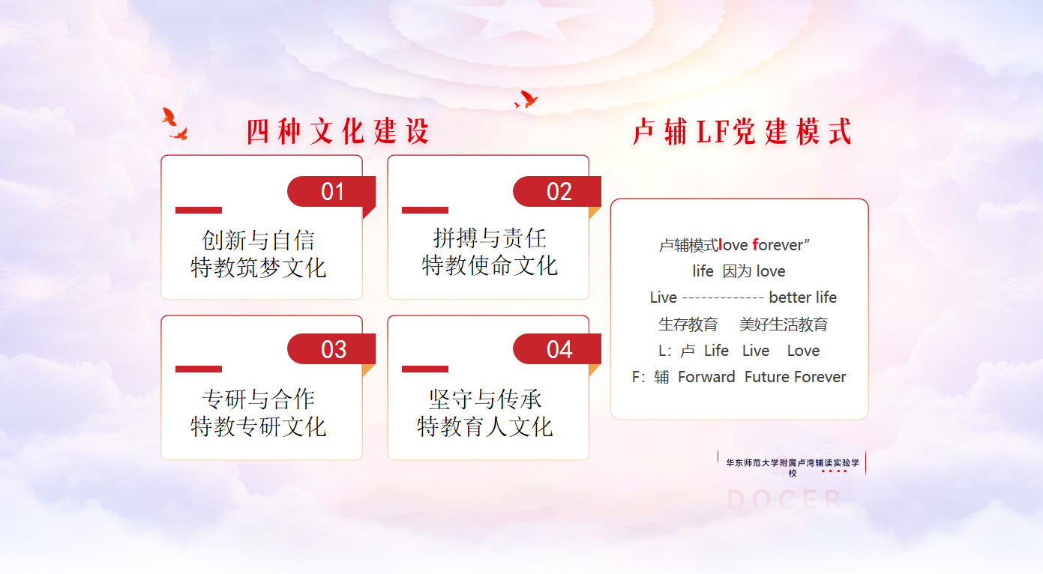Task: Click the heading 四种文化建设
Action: coord(337,131)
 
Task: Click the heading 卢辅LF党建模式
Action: coord(742,132)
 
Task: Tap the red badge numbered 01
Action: coord(331,192)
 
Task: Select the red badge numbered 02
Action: coord(557,192)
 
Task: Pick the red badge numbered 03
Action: coord(331,349)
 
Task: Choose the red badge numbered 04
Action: coord(557,349)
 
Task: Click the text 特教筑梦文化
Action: coord(259,268)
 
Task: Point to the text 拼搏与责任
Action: coord(490,238)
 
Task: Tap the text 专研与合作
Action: coord(259,399)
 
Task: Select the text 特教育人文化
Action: coord(484,426)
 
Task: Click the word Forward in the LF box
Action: coord(706,377)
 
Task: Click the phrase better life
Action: coord(803,297)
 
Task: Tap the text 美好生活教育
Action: coord(784,324)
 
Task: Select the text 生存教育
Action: coord(688,324)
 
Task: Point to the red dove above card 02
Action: coord(526,99)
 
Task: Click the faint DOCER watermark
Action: coord(784,499)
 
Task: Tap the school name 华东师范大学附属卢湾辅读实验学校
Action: coord(793,468)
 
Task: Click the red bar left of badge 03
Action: coord(199,369)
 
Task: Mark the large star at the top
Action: coord(522,18)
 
